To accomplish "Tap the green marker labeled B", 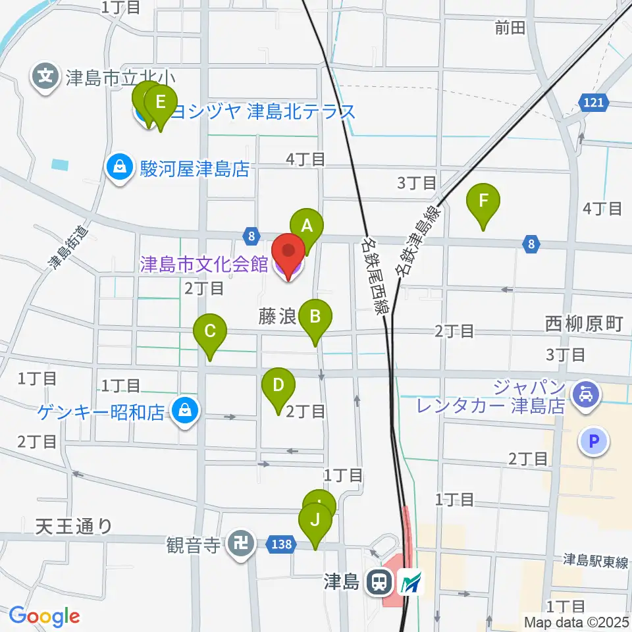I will click(315, 317).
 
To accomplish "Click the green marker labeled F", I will click(484, 201).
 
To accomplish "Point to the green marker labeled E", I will click(160, 104).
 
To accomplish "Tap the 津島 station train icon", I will click(379, 582).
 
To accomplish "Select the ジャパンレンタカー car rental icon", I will click(583, 396).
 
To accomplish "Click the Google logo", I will click(44, 616).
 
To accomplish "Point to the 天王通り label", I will click(74, 526).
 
